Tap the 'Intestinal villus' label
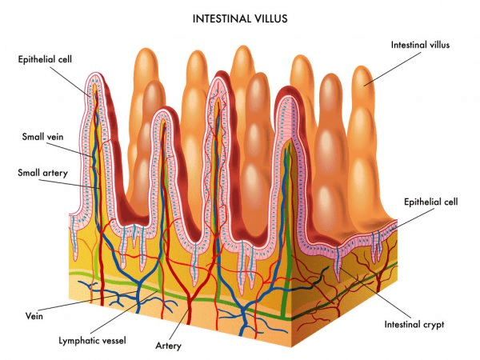click(x=420, y=45)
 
